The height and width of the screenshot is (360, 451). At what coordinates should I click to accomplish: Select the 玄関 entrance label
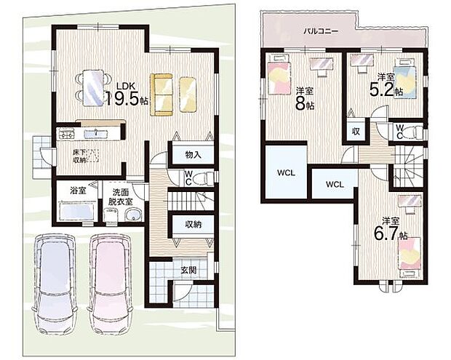point(188,269)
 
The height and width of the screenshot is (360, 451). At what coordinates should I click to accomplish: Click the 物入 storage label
point(193,154)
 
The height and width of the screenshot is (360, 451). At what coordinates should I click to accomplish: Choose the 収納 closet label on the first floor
point(192,225)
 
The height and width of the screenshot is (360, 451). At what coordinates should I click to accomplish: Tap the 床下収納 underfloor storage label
point(79,156)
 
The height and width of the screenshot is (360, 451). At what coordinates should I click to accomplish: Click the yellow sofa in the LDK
point(161,94)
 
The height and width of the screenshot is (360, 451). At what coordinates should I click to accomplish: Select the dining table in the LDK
point(93,87)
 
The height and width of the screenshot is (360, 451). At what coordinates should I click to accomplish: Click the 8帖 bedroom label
point(306,98)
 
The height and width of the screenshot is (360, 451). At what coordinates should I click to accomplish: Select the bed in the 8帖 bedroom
point(279,79)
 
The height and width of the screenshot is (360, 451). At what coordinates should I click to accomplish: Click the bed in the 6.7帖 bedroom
point(409,256)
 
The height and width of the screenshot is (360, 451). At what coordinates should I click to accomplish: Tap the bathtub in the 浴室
point(75,213)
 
